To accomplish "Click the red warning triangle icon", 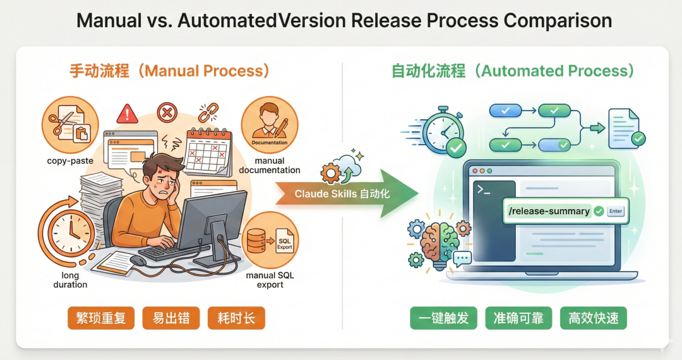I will [x=128, y=114].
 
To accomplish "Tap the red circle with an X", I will [x=166, y=113].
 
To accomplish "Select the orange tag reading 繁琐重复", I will [x=100, y=318].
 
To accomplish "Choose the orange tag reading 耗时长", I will [x=236, y=318].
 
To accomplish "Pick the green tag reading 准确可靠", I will [x=518, y=318].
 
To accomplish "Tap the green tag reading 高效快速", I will [x=594, y=318].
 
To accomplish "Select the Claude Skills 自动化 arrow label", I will [x=342, y=194].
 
